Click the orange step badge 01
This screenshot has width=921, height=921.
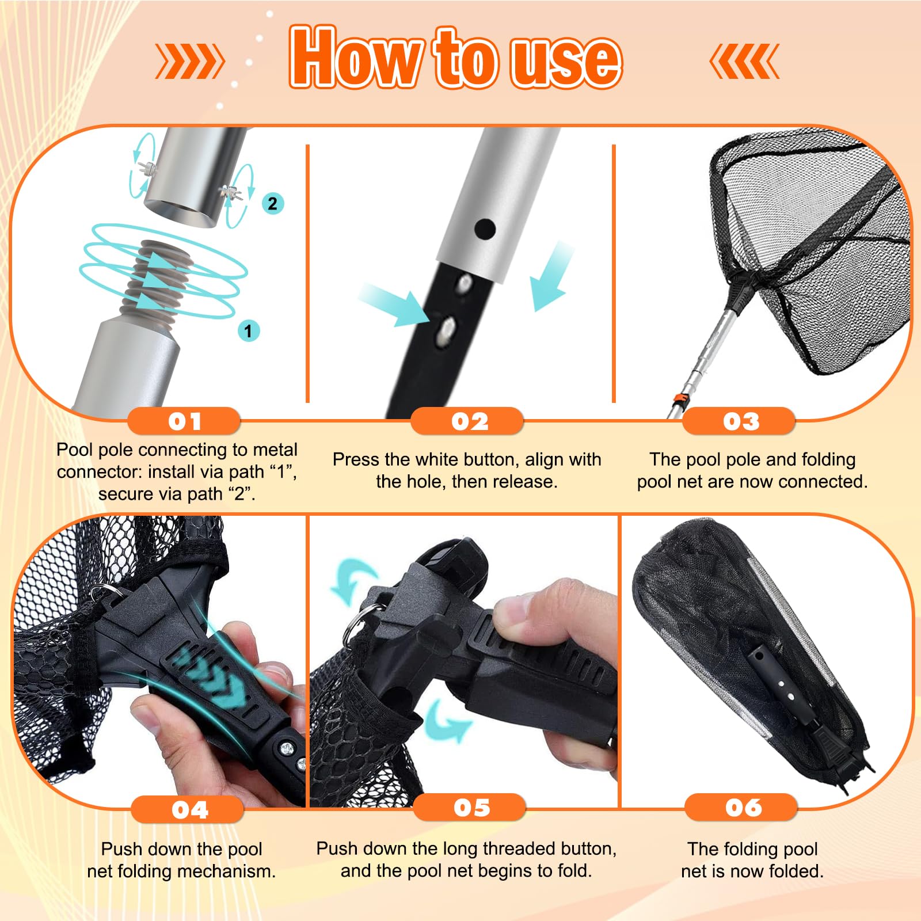[x=184, y=421]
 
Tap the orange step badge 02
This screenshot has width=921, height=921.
[x=467, y=421]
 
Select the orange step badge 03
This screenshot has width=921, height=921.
[x=740, y=421]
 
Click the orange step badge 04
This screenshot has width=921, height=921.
[x=188, y=809]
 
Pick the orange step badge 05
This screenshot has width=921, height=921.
[x=470, y=807]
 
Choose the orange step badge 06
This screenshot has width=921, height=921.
[x=741, y=807]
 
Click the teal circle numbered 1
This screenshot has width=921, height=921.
[x=249, y=331]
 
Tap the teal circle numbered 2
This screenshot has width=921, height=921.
[x=273, y=203]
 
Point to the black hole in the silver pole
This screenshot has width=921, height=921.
[x=485, y=229]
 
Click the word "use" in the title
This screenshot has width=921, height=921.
[x=566, y=59]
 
